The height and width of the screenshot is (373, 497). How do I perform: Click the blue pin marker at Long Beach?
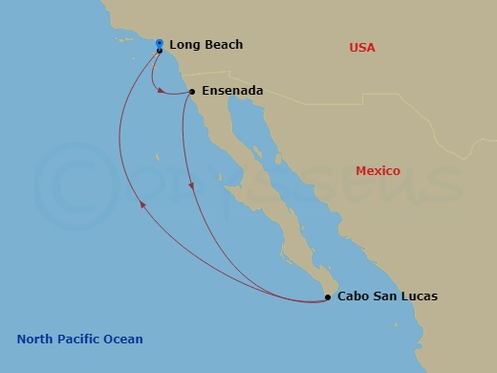tap(159, 44)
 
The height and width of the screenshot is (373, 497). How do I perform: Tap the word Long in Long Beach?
tap(185, 45)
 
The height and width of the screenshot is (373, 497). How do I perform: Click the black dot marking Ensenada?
tap(192, 92)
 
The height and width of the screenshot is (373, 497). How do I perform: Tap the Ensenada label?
tap(232, 93)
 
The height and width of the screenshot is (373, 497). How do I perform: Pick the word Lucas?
tap(420, 296)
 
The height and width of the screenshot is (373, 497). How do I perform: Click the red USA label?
tap(362, 48)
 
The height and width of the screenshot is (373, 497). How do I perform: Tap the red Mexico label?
tap(378, 171)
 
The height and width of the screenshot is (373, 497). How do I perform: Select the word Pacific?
tap(81, 340)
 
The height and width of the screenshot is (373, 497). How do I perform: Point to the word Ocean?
tap(124, 340)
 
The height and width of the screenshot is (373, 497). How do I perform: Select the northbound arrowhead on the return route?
tap(142, 203)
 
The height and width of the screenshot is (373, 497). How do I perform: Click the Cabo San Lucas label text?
tap(387, 296)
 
